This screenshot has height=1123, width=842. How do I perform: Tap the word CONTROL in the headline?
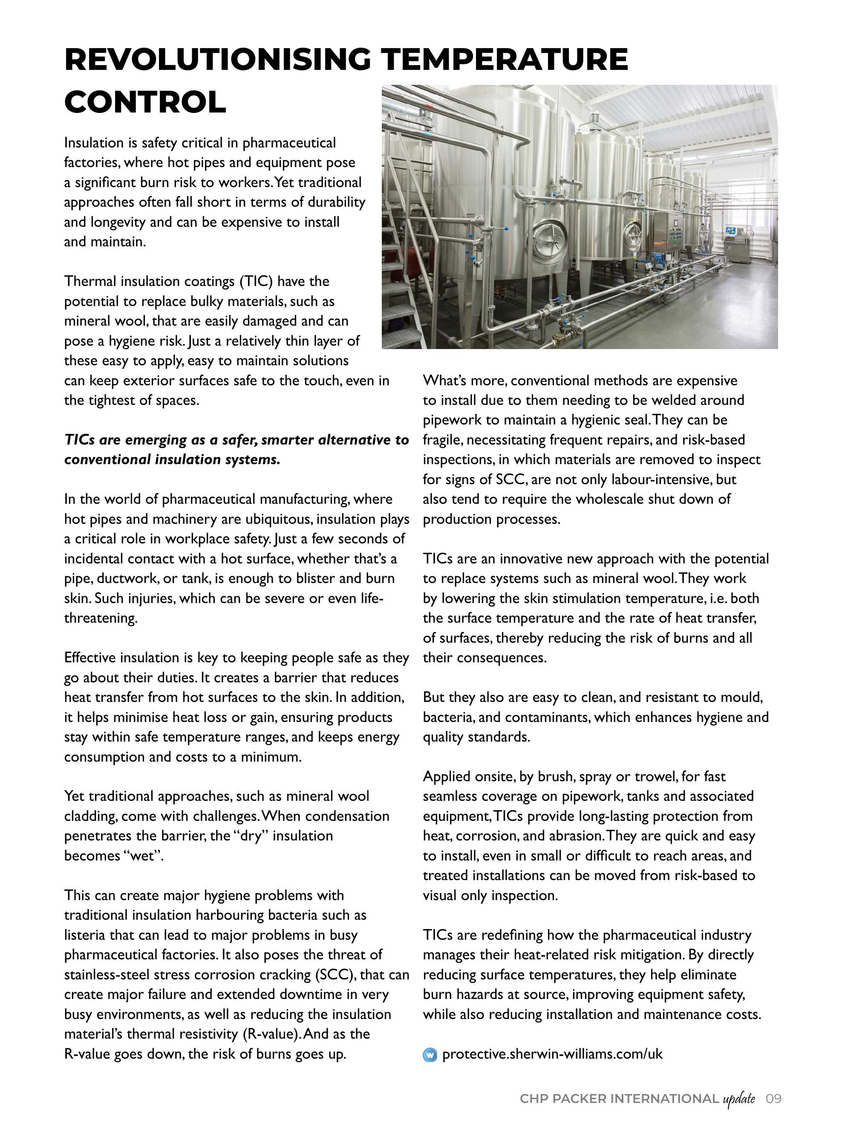point(145,102)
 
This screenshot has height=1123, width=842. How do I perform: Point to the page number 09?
point(773,1099)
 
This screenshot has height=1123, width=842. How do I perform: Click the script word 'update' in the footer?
point(739,1099)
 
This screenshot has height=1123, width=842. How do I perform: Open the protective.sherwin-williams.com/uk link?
point(552,1054)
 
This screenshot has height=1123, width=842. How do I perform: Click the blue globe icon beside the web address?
point(430,1055)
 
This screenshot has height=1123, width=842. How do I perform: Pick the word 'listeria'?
point(84,935)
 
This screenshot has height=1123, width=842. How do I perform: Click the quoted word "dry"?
point(251,836)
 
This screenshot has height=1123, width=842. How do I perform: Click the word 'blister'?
point(338,579)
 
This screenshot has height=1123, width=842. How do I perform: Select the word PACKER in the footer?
point(579,1099)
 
